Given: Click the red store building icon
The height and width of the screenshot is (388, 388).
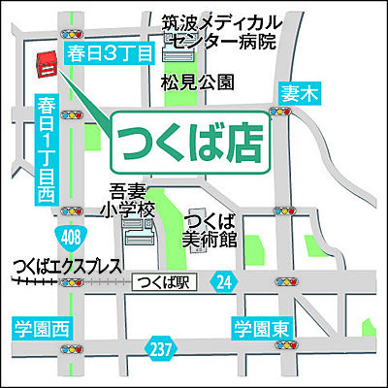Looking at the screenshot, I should point(44,66).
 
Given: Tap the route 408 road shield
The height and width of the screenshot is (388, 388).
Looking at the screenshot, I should point(82,237).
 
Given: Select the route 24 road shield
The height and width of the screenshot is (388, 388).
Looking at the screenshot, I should point(225,282).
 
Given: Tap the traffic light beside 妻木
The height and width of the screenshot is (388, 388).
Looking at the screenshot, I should point(283,115).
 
